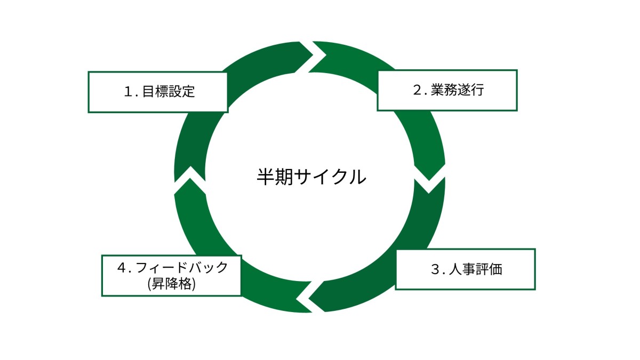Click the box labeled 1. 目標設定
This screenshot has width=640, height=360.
[158, 92]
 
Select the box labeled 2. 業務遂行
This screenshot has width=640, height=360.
[447, 90]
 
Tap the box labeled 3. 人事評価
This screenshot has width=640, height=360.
[465, 269]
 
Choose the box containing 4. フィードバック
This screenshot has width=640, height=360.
[171, 275]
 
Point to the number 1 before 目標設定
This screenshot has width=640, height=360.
[127, 92]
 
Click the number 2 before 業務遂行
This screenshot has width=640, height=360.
[418, 90]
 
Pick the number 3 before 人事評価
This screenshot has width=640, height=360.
[435, 269]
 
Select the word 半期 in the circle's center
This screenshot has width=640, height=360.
[273, 176]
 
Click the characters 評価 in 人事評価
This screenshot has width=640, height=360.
[489, 269]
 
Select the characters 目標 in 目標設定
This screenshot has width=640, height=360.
[155, 92]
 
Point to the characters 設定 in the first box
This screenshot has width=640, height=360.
[182, 92]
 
